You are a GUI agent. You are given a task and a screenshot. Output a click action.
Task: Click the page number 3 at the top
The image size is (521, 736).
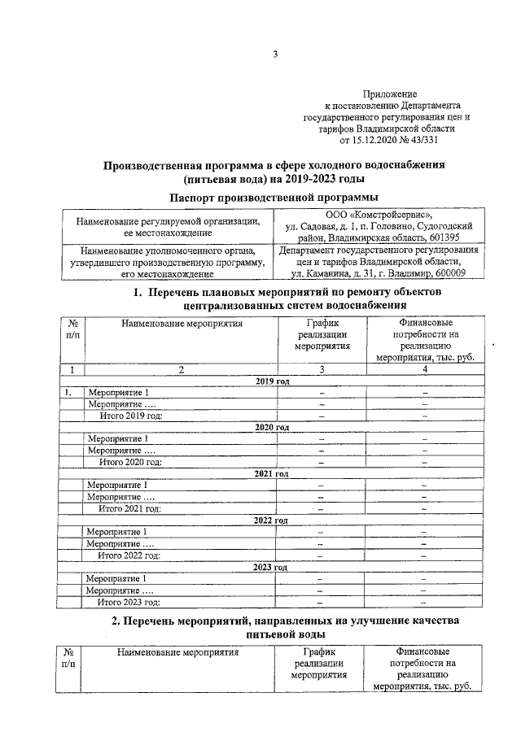point(275,55)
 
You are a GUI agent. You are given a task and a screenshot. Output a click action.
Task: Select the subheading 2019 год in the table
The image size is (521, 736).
point(273,381)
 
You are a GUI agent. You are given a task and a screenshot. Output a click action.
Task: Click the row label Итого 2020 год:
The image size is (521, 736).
point(130,462)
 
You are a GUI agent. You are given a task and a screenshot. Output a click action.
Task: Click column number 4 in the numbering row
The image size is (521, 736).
point(424,370)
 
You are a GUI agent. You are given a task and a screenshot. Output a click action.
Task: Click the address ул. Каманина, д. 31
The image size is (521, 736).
point(342,273)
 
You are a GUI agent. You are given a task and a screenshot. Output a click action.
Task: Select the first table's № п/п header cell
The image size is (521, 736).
point(72,329)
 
